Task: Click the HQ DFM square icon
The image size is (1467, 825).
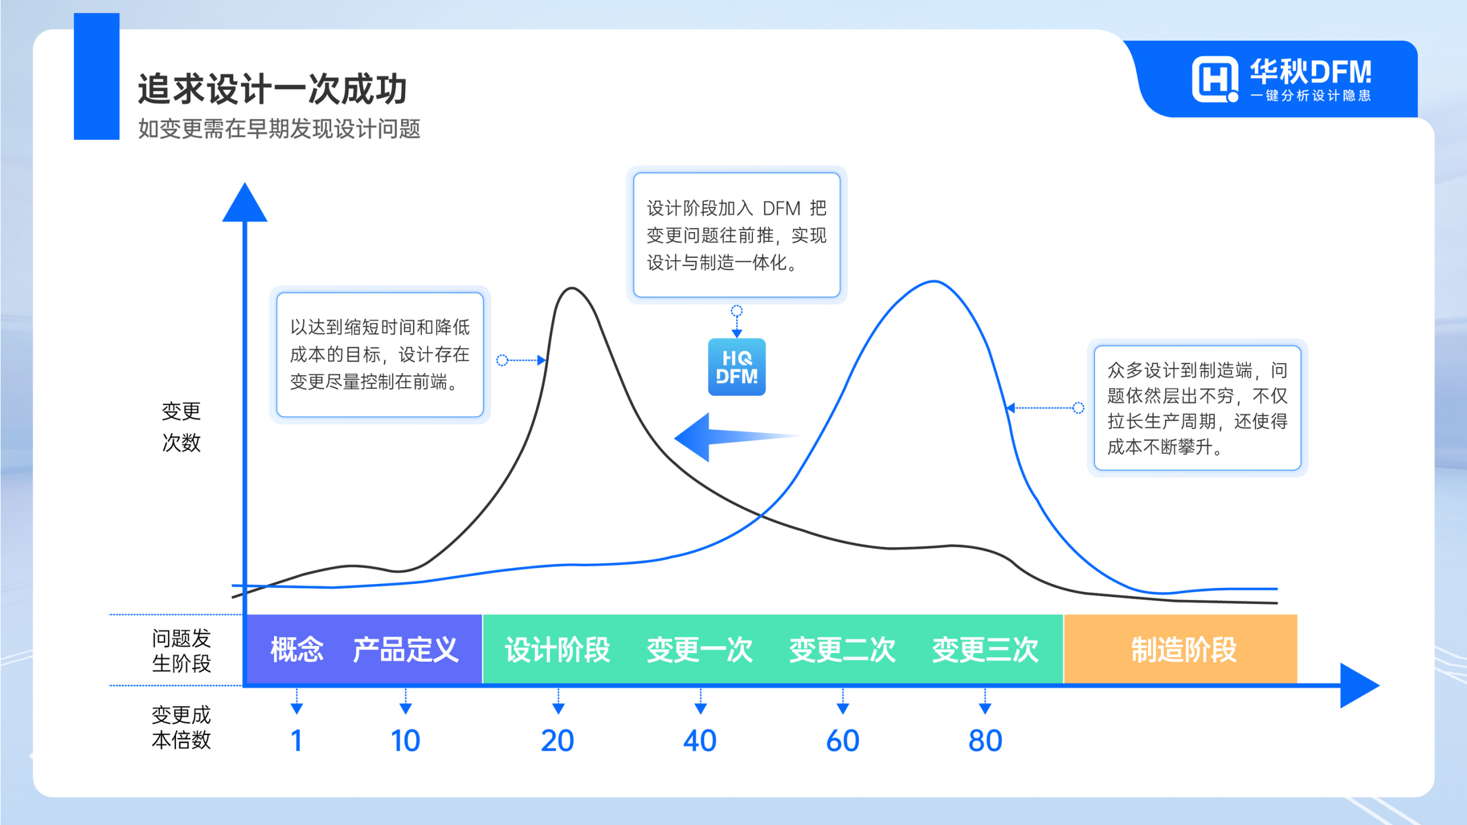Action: (x=736, y=367)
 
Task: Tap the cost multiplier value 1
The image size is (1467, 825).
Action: (x=296, y=740)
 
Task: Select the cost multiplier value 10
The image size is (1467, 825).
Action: (x=405, y=740)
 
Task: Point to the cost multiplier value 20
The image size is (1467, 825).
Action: (x=558, y=740)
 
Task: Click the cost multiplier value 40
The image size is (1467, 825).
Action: (x=700, y=740)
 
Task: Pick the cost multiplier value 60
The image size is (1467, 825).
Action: (x=842, y=740)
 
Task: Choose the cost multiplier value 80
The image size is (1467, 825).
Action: (x=985, y=740)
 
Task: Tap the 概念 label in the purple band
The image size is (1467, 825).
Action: (x=297, y=650)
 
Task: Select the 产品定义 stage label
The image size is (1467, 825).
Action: (x=405, y=650)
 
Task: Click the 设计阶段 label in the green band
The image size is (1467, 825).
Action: (x=558, y=650)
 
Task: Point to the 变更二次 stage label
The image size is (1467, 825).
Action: (x=842, y=650)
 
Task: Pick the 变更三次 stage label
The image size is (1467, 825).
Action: (x=985, y=650)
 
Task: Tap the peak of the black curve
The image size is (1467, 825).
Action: (x=572, y=288)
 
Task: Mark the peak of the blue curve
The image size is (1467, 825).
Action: (x=934, y=281)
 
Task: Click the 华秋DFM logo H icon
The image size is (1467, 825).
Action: (x=1214, y=80)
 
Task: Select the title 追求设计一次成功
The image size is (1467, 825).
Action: (x=272, y=89)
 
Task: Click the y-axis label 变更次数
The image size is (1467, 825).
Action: (x=181, y=427)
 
